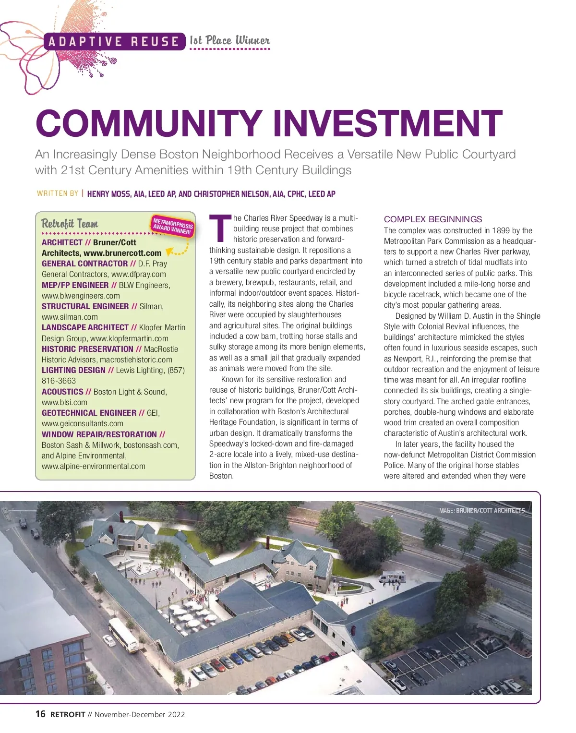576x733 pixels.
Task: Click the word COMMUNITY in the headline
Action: [149, 123]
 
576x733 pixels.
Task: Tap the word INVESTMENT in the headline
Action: [387, 123]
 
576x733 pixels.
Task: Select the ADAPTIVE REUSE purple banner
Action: [114, 42]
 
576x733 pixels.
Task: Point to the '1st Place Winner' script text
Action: [230, 41]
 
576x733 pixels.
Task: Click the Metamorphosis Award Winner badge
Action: [173, 226]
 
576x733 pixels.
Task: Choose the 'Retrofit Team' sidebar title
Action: [70, 224]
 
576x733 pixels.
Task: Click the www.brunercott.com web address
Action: [122, 253]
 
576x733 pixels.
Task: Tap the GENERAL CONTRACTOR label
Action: [84, 264]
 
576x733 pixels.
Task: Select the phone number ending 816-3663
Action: [59, 381]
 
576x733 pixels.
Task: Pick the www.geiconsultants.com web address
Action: [83, 423]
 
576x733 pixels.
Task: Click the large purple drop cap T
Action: [220, 229]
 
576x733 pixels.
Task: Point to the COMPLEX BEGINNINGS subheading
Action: [432, 219]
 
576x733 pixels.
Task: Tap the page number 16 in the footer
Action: [40, 714]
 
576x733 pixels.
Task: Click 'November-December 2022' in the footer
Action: [140, 714]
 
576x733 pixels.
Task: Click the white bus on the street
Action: [123, 635]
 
